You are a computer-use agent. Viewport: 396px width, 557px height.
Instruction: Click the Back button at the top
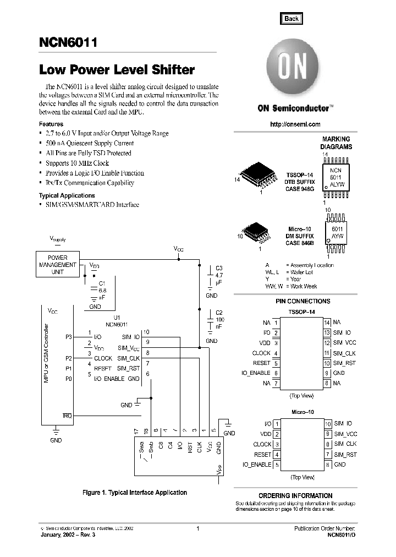click(x=291, y=18)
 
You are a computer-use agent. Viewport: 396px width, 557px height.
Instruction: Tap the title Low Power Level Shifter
click(x=117, y=70)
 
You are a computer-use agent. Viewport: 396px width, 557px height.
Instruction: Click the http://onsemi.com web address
click(x=295, y=124)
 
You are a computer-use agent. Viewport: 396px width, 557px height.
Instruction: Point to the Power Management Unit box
click(x=58, y=265)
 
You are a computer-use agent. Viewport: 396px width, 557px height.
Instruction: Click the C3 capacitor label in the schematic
click(x=219, y=268)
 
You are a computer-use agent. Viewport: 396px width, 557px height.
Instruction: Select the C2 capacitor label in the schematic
click(x=219, y=313)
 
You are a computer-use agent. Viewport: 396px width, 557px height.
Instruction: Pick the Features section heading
click(x=51, y=124)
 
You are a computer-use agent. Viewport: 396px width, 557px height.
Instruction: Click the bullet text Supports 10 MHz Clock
click(x=78, y=163)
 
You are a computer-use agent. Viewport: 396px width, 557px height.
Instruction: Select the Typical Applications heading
click(x=67, y=195)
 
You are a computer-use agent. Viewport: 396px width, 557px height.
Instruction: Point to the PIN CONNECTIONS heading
click(x=303, y=302)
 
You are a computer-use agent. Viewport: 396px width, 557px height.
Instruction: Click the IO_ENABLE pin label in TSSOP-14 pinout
click(x=256, y=373)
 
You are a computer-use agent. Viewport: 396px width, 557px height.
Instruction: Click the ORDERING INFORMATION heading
click(x=295, y=495)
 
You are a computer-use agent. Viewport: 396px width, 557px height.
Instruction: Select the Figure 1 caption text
click(x=135, y=493)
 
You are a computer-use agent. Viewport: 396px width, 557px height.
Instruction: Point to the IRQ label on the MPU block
click(x=67, y=415)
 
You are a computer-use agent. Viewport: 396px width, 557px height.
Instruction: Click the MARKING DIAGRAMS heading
click(x=336, y=143)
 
